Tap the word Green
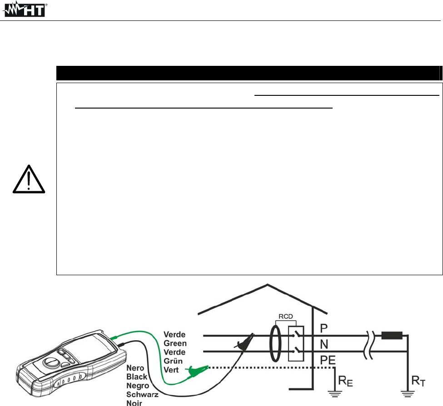[x=175, y=343]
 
